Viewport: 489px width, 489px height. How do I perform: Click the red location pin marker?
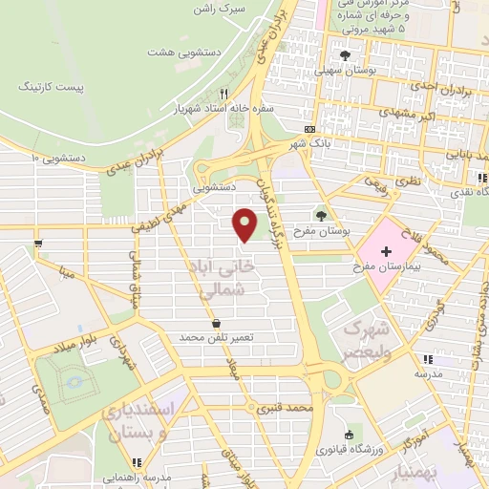pos(245,223)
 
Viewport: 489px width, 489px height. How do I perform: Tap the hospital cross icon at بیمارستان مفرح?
pos(386,252)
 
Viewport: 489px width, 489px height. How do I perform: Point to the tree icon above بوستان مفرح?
pos(321,214)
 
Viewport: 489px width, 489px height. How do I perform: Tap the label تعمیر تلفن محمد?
pos(220,338)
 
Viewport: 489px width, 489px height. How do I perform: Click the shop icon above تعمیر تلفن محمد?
pos(219,323)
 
